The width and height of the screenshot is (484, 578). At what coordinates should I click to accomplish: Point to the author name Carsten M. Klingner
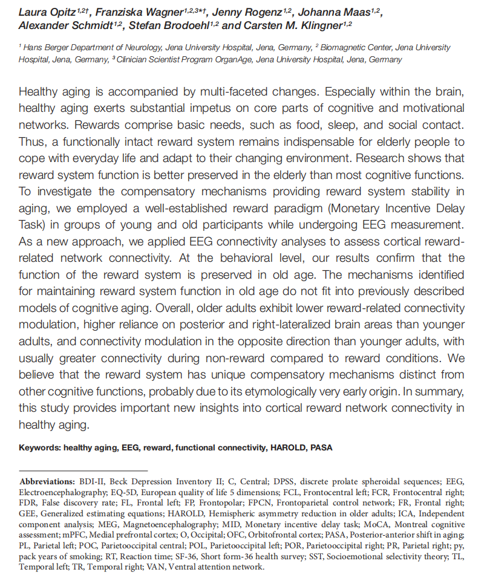coord(290,25)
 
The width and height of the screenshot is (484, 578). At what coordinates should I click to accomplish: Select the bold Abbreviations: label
coord(47,482)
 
